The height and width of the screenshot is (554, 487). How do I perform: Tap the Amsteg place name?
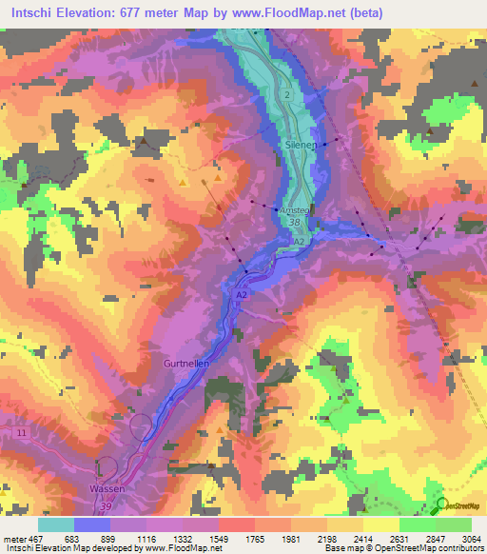pyautogui.click(x=290, y=210)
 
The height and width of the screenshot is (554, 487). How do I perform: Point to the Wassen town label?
pyautogui.click(x=107, y=487)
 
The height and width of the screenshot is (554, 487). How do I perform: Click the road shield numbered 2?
pyautogui.click(x=284, y=94)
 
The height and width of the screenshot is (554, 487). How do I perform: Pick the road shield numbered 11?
pyautogui.click(x=20, y=432)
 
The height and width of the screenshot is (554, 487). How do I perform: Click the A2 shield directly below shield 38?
pyautogui.click(x=298, y=243)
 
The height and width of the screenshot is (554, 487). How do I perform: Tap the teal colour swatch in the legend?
pyautogui.click(x=56, y=524)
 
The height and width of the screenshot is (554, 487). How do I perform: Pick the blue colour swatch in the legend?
pyautogui.click(x=92, y=524)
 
